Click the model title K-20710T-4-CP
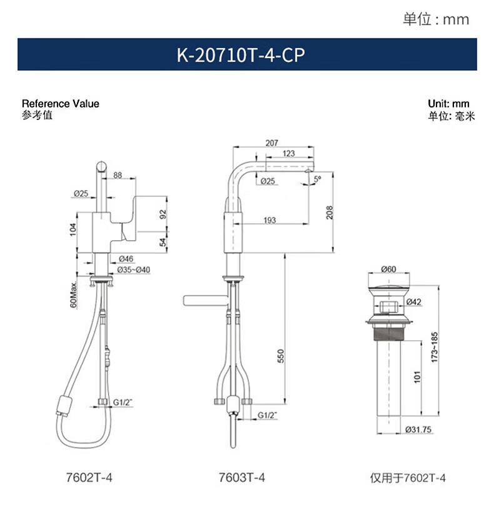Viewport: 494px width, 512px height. tap(241, 54)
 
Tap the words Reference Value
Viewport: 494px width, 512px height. tap(61, 104)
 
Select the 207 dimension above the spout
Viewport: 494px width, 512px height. tap(272, 143)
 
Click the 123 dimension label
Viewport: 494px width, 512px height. tap(288, 153)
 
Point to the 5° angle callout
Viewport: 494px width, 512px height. tap(318, 179)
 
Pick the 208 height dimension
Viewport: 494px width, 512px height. tap(330, 213)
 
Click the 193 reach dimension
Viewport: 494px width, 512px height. tap(270, 221)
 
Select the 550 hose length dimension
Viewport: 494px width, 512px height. tap(281, 356)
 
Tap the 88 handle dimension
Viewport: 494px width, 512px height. tap(118, 175)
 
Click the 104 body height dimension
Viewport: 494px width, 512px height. tap(73, 229)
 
